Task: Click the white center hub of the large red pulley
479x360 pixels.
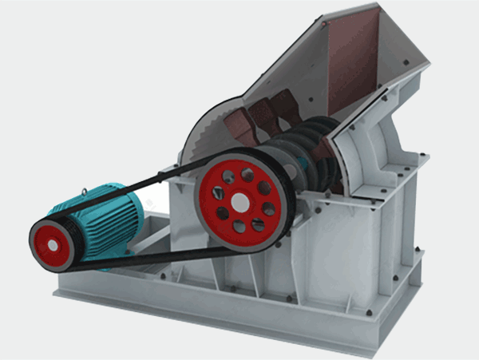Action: coord(240,201)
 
